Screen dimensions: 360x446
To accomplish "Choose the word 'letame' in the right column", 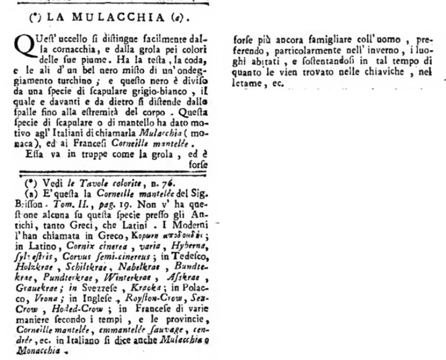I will [x=244, y=82].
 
